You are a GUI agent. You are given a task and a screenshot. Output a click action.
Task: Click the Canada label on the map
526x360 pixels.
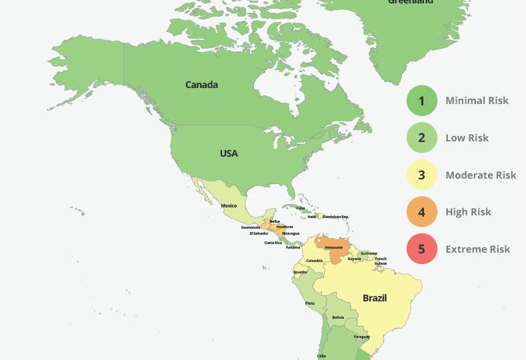click(x=201, y=85)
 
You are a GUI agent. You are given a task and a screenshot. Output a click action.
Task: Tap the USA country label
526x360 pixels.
click(x=229, y=153)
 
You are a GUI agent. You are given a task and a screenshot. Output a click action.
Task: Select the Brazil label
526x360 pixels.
click(x=374, y=298)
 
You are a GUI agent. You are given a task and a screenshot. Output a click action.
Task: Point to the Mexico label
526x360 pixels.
click(x=229, y=205)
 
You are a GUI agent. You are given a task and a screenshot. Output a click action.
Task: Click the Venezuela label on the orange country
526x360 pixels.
click(x=333, y=247)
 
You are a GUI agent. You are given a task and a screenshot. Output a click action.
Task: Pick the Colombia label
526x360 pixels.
click(x=314, y=261)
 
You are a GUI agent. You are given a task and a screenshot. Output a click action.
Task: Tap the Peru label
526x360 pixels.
click(x=310, y=303)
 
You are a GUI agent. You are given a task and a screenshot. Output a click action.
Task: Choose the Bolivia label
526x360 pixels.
click(x=339, y=317)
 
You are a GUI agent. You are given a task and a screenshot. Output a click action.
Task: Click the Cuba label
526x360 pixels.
click(x=301, y=208)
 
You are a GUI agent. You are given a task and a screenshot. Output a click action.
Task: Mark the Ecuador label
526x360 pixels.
click(x=301, y=272)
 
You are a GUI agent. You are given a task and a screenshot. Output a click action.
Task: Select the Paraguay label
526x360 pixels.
click(x=361, y=337)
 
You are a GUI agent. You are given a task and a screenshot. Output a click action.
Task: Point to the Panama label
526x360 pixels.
click(x=293, y=247)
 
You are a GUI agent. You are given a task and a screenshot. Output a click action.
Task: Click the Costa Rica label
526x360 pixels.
click(x=273, y=243)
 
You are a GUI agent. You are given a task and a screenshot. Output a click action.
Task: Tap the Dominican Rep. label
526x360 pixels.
click(x=335, y=217)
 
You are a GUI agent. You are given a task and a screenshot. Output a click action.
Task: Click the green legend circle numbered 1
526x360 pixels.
click(x=421, y=101)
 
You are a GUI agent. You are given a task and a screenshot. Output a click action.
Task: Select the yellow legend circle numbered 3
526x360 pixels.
click(x=421, y=175)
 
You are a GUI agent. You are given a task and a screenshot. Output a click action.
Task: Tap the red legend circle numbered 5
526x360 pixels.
click(x=421, y=249)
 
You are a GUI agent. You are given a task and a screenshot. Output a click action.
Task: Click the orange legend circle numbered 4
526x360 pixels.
click(x=421, y=212)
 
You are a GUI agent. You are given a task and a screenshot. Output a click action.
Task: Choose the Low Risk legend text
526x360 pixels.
click(x=467, y=138)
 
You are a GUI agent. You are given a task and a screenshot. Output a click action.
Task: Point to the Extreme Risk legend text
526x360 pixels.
click(x=477, y=249)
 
